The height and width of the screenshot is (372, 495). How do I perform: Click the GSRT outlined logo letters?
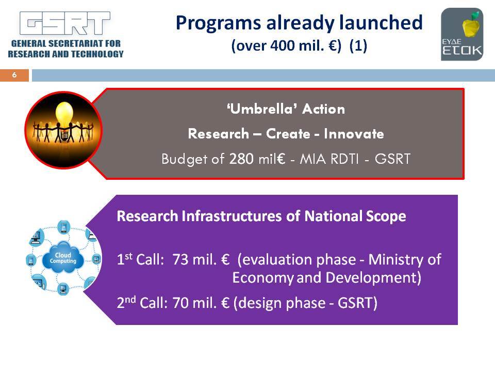[x=65, y=23]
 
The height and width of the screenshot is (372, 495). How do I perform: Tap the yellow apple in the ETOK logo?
[x=471, y=26]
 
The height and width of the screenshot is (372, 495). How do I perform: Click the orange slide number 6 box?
[x=14, y=75]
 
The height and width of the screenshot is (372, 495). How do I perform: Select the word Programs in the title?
[x=218, y=23]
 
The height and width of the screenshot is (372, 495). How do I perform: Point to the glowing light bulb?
[x=64, y=117]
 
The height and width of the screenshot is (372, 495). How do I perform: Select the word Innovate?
[x=354, y=134]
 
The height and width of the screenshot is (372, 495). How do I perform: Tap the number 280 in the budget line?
[x=241, y=159]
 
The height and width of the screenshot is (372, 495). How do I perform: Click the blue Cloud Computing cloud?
[x=63, y=258]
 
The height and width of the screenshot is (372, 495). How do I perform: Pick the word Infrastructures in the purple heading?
[x=232, y=216]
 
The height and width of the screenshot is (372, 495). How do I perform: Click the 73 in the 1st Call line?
[x=180, y=260]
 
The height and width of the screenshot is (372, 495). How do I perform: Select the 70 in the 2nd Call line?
[x=180, y=303]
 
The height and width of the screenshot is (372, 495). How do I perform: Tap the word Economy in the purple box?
[x=263, y=278]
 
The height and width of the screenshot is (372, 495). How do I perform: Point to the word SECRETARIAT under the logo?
[x=75, y=43]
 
